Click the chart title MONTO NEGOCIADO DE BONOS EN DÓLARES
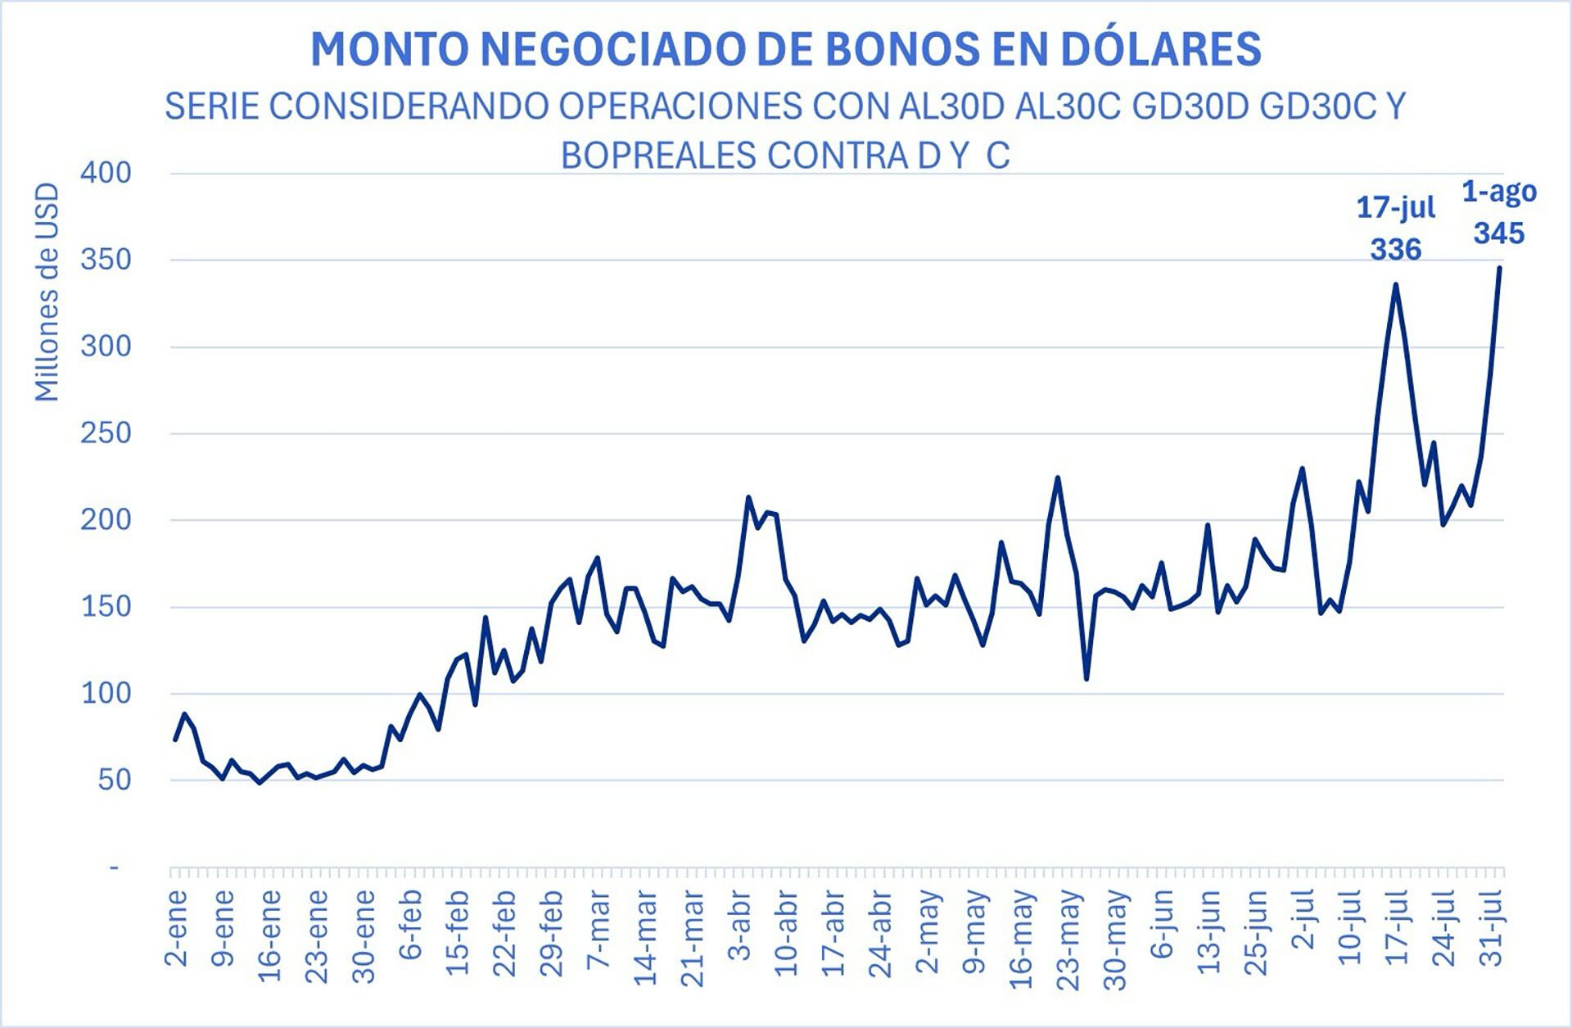pos(785,49)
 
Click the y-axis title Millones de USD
pos(47,292)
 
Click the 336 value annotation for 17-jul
pos(1396,249)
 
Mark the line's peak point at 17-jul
pos(1395,284)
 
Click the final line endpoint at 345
pos(1499,267)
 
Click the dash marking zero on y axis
pos(115,867)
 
